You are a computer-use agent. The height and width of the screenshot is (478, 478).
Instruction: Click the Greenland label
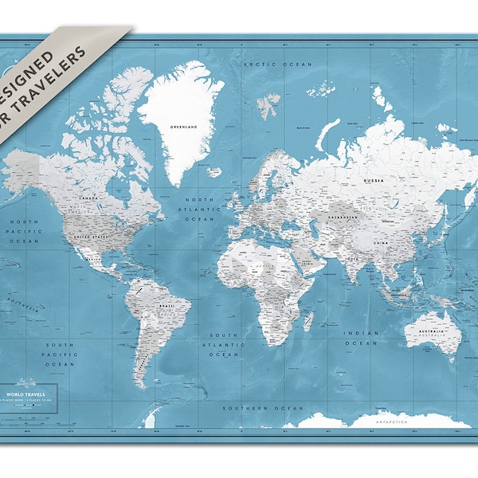183,125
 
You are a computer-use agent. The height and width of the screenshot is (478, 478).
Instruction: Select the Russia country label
374,180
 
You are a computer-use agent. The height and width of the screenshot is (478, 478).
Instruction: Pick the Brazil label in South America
167,305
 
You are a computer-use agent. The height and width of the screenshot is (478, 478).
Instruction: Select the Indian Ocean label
359,338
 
